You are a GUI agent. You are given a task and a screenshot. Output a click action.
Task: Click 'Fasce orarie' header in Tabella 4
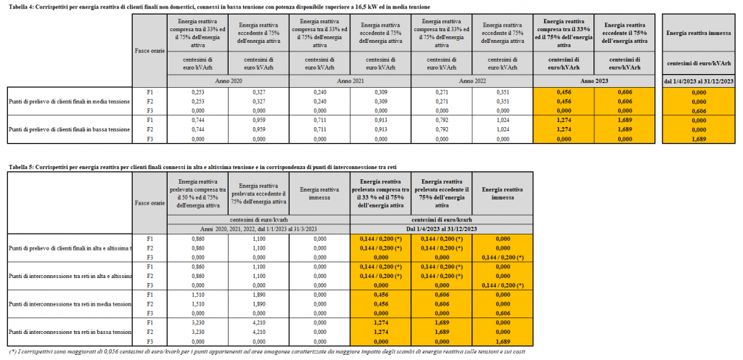tap(150, 50)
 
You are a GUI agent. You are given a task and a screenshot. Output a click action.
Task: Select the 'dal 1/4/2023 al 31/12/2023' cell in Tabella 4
tap(699, 80)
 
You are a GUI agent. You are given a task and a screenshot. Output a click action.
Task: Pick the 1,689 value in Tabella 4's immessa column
tap(699, 138)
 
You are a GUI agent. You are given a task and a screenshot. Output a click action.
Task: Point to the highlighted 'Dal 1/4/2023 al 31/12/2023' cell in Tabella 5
tap(442, 229)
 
